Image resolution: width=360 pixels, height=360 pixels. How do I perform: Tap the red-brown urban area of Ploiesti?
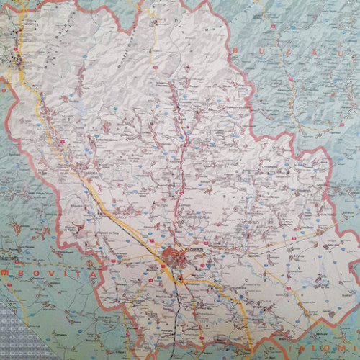(x=174, y=255)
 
